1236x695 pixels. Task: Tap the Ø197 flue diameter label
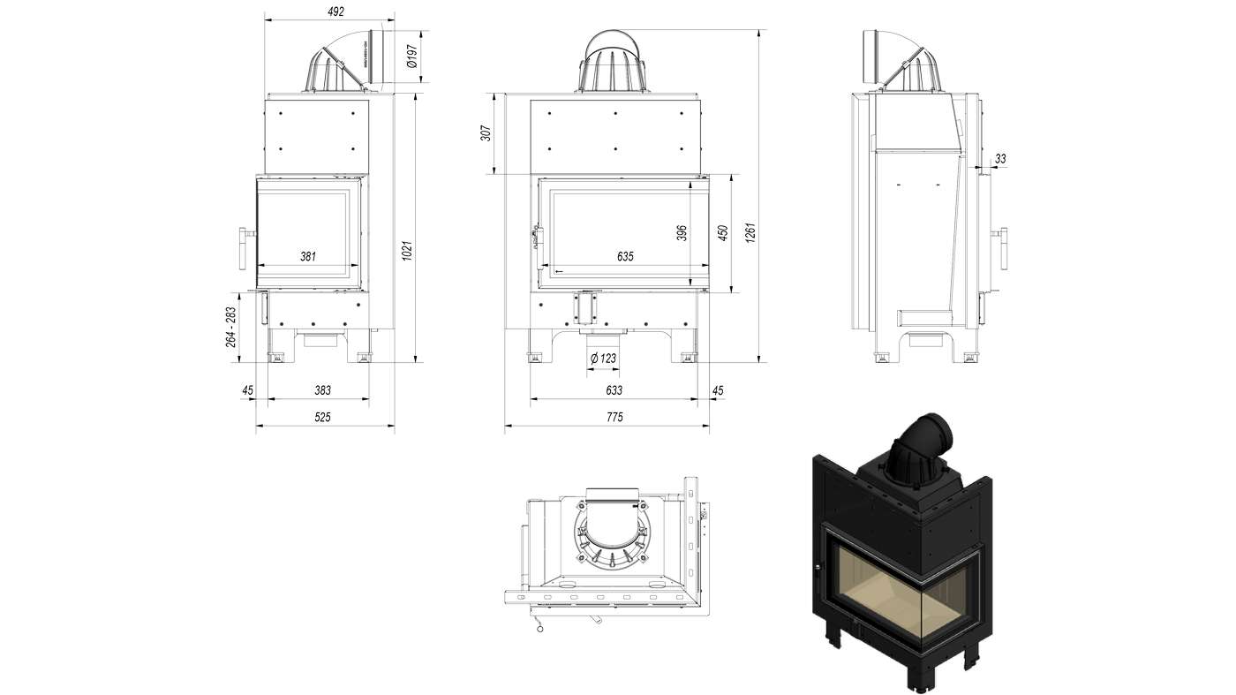click(411, 57)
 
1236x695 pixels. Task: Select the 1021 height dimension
click(407, 251)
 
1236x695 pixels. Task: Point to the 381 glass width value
click(307, 256)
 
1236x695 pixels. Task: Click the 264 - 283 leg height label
click(231, 327)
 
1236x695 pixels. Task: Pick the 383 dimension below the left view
click(322, 390)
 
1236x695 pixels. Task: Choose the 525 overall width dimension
click(322, 418)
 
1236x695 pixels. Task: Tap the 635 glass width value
click(625, 256)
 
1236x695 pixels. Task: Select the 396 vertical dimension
click(682, 232)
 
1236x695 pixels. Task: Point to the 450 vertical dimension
click(723, 233)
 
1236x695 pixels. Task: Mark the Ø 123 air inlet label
click(603, 358)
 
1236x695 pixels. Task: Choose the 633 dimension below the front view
click(614, 390)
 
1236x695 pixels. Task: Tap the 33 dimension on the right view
click(1000, 159)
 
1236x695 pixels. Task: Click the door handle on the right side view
click(1004, 249)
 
